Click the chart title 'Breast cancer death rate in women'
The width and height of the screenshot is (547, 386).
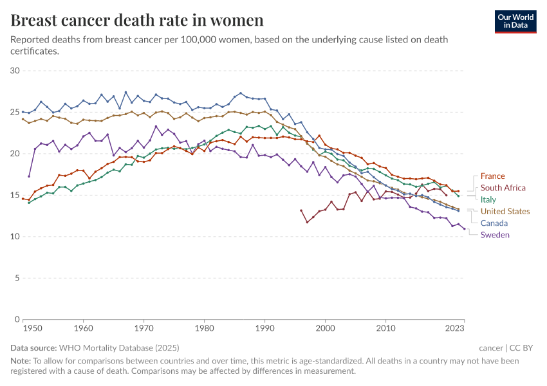pos(137,21)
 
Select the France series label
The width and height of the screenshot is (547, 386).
pos(492,176)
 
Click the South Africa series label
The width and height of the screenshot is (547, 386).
pos(503,188)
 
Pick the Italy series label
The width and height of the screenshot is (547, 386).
pos(488,199)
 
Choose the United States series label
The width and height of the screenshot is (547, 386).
pos(505,212)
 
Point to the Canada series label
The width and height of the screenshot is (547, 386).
pos(494,223)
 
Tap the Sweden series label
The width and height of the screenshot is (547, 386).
pos(495,235)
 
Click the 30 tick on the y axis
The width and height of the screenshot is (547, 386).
pos(15,71)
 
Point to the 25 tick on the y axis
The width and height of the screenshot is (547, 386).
pos(15,113)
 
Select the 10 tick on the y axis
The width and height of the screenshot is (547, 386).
pos(15,237)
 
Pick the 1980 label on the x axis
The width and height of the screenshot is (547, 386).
pos(205,329)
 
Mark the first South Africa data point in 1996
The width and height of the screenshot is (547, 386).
pos(301,210)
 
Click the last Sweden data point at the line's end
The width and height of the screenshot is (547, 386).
pos(464,228)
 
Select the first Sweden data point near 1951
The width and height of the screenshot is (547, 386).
pos(29,176)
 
